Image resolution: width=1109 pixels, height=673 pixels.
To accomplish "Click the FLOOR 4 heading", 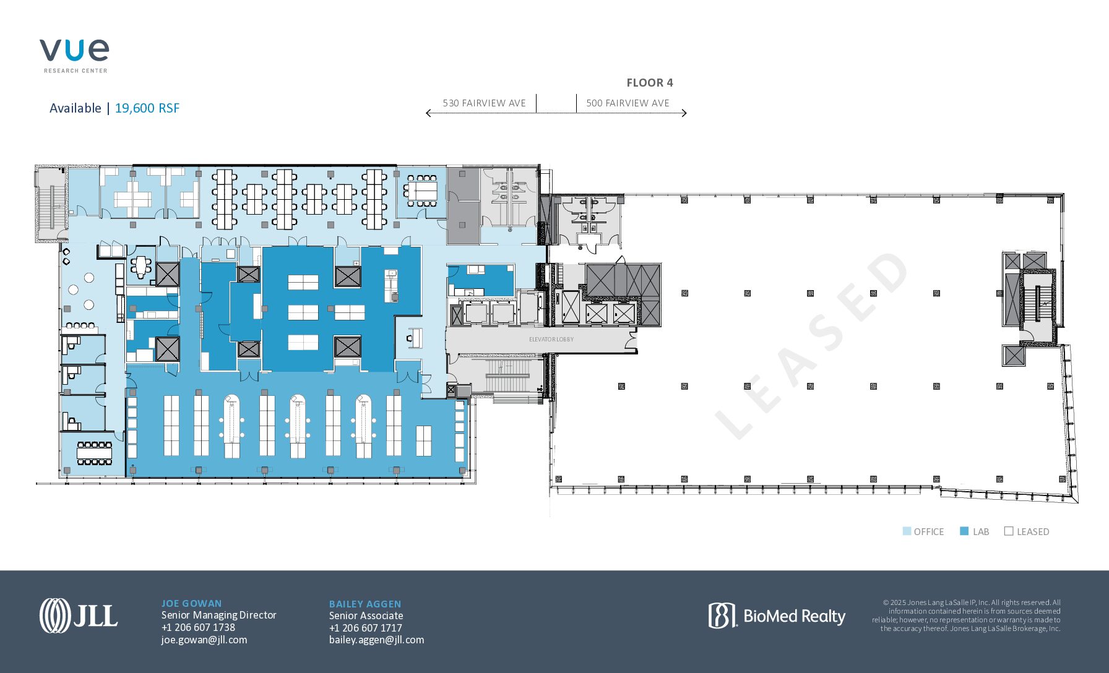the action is point(649,83).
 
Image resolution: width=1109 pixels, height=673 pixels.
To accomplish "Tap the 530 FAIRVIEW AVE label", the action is point(484,103).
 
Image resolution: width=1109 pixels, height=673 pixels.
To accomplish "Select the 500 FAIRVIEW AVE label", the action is point(628,103).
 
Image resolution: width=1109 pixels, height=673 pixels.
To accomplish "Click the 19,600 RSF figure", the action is point(147,108).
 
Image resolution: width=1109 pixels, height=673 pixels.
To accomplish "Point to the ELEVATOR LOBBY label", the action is point(551,340).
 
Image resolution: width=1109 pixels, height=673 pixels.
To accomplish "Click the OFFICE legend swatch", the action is point(907,531).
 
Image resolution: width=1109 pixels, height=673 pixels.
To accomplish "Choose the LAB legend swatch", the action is point(964,531).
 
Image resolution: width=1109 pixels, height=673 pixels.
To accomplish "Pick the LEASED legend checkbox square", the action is point(1009,531).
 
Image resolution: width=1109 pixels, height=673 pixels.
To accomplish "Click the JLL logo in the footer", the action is point(79,615).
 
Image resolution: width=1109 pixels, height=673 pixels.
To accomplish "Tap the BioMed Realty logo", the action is point(777,616).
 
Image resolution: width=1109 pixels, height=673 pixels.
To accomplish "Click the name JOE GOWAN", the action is point(191,604).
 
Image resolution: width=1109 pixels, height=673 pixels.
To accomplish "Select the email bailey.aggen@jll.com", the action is point(376,640).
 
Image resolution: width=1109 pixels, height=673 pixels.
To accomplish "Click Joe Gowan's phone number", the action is point(198,627).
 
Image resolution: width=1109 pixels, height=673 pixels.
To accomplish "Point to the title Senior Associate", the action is point(366,616).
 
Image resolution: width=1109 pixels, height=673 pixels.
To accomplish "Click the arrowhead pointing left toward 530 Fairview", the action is point(428,113).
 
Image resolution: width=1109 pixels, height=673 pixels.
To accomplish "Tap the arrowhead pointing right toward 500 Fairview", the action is point(684,113).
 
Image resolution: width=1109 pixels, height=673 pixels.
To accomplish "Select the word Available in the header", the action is point(76,108).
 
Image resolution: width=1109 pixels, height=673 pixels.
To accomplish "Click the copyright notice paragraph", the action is point(966,615).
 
